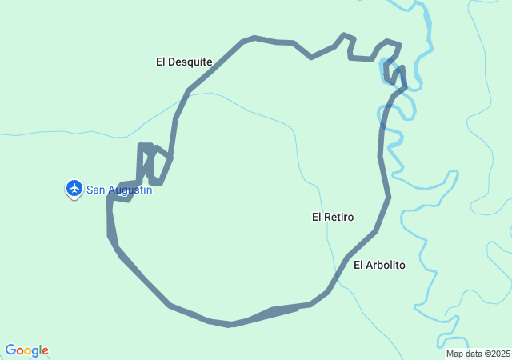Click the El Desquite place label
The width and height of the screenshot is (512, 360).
pos(184,61)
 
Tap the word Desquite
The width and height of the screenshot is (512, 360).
pos(190,61)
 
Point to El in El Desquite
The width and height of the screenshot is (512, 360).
pos(161,61)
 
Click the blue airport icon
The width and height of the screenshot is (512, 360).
pos(74,188)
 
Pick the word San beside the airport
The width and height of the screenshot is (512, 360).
pos(96,190)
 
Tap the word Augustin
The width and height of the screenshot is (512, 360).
pos(130,190)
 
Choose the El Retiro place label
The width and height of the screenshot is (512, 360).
pos(333,217)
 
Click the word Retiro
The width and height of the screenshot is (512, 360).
pos(340,217)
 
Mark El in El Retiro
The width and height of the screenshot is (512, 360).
pos(317,217)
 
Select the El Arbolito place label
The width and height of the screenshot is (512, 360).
pos(380,265)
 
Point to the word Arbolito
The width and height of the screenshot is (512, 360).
pos(386,265)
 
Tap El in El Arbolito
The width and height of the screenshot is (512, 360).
pos(358,265)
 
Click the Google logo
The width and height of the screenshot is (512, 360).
pos(26,350)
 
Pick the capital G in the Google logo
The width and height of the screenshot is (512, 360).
pos(10,350)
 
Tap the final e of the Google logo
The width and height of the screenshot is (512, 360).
pos(45,351)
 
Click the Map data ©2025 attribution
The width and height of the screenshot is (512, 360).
pos(478,354)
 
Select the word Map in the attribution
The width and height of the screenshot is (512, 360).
pos(454,354)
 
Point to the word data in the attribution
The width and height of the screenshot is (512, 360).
pos(472,354)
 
